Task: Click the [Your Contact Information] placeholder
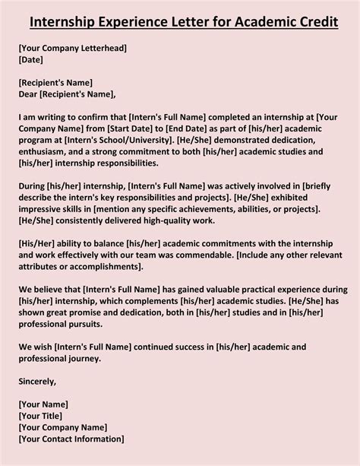[x=70, y=440]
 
